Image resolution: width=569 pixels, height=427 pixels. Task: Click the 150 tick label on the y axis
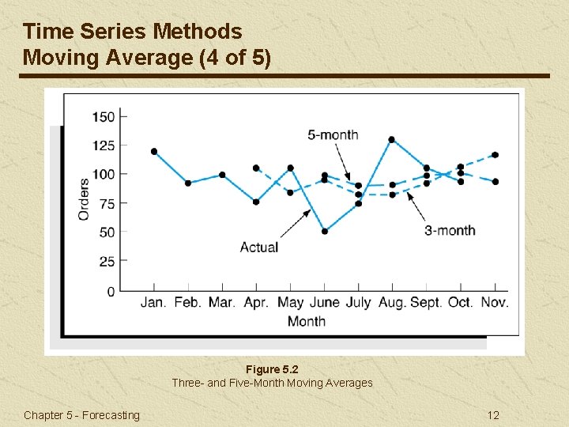click(x=104, y=117)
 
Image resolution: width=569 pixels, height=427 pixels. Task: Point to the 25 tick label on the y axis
click(x=107, y=262)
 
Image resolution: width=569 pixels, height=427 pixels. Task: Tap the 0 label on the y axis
click(x=111, y=291)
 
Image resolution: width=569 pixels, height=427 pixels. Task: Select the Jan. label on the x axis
click(x=153, y=302)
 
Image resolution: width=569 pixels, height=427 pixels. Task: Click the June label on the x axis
click(x=324, y=302)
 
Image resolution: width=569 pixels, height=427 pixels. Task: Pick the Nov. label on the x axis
click(x=494, y=302)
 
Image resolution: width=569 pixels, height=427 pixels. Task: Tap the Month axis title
click(x=306, y=321)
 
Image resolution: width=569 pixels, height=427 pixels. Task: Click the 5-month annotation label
click(x=333, y=134)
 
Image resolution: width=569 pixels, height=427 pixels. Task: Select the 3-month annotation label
click(x=450, y=230)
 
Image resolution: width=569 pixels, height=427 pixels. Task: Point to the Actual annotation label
click(x=259, y=247)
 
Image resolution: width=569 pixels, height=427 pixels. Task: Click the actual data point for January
click(x=154, y=151)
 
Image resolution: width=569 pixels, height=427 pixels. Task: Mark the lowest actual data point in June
click(x=324, y=231)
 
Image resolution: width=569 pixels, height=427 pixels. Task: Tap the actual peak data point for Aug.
click(x=391, y=140)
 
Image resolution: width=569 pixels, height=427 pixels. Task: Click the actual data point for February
click(x=188, y=183)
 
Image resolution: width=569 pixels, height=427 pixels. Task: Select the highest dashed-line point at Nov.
click(x=496, y=155)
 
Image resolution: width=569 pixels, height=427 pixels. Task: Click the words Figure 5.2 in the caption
click(x=273, y=369)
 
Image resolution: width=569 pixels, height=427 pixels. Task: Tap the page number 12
click(x=493, y=415)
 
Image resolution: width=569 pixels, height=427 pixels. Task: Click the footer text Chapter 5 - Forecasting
click(x=81, y=415)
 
